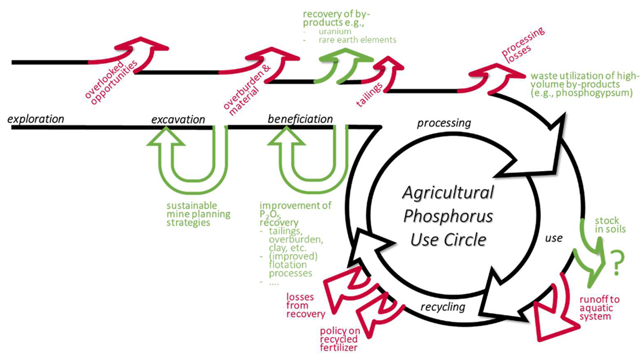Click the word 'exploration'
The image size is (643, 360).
point(36,119)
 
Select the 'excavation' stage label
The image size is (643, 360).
point(177,120)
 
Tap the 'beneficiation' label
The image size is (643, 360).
point(300,119)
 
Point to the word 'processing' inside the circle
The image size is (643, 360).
point(444,123)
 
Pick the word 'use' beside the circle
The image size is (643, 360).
point(554,238)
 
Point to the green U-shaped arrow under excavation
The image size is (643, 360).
point(190,164)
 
